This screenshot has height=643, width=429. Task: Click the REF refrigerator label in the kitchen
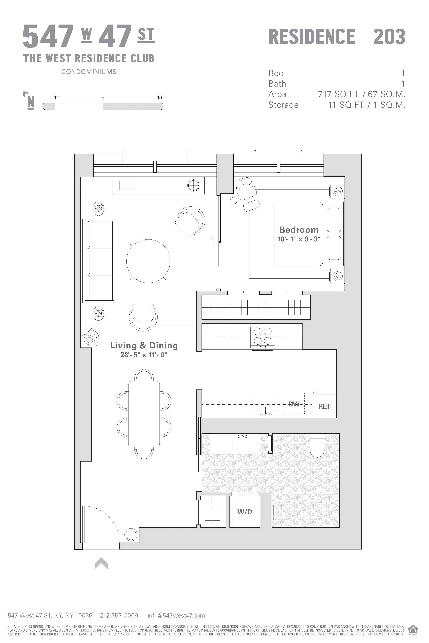(324, 406)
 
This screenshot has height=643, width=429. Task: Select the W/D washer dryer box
(245, 512)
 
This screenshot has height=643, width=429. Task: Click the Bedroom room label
(299, 230)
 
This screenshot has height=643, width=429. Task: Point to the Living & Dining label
(144, 345)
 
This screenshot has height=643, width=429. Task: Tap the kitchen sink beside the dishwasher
(266, 404)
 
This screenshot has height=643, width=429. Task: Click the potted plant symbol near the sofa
(91, 338)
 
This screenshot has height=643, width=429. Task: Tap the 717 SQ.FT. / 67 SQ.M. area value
(361, 94)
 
